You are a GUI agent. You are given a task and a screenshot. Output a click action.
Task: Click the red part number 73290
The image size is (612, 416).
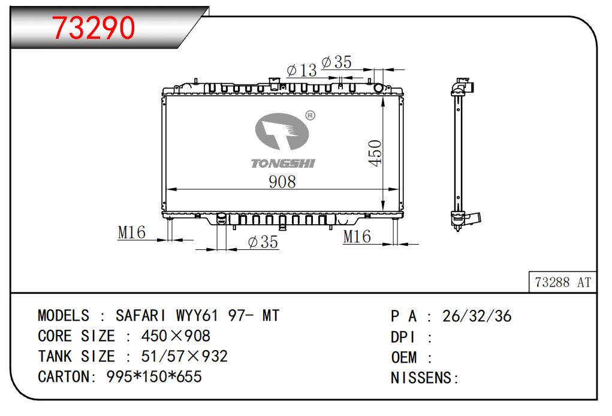coord(94,28)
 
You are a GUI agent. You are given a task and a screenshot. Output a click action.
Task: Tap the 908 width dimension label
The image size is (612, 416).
coord(282,182)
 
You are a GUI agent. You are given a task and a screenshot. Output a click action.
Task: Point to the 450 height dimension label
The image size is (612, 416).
coord(375,153)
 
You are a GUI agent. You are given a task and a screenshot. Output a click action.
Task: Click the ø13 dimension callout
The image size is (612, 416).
coord(302,70)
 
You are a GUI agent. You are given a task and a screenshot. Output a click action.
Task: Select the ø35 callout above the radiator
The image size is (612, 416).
coord(336,62)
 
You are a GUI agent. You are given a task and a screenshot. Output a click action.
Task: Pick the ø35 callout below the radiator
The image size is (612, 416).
coord(263,242)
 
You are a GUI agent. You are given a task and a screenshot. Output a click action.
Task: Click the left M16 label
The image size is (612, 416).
coord(131,233)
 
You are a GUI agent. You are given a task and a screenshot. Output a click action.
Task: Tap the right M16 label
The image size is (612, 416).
coord(357,237)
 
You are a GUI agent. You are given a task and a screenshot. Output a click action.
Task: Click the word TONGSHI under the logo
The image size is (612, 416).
coord(282,164)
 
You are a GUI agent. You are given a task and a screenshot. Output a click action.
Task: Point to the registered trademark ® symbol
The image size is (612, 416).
coord(310,116)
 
